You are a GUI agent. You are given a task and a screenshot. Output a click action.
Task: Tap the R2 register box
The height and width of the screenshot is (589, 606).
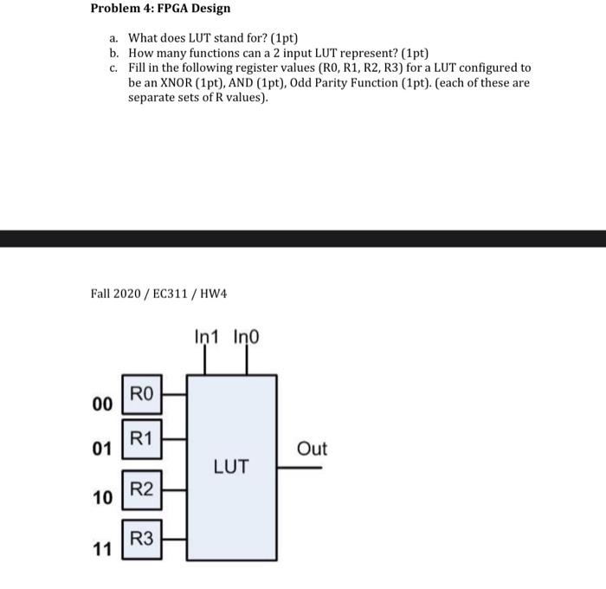pos(142,489)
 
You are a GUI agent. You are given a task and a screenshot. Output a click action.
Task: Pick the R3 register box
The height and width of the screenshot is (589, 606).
pos(142,539)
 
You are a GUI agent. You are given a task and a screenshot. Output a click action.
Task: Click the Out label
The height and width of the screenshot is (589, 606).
pos(312,449)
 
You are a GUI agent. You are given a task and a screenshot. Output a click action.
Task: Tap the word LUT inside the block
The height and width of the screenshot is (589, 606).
pos(232,467)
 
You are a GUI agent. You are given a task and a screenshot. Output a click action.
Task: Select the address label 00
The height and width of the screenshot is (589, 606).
pos(102,405)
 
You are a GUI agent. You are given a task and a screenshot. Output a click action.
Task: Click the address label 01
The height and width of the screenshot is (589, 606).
pos(102,449)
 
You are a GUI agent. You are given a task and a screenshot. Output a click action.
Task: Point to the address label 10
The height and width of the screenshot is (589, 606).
pos(102,498)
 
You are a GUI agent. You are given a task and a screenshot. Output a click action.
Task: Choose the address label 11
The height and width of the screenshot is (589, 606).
pos(102,549)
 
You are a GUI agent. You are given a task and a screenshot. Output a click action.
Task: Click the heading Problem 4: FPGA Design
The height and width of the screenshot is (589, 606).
pos(160,9)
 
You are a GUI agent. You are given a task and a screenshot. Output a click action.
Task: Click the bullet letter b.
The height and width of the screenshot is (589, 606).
pos(113,52)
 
